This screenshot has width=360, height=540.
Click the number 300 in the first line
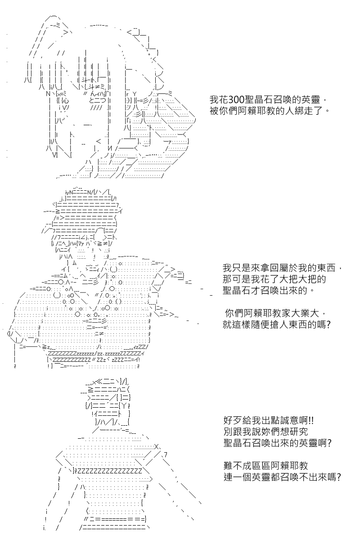[236, 99]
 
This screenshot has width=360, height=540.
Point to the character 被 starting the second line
[214, 111]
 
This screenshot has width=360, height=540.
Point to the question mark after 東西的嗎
[328, 324]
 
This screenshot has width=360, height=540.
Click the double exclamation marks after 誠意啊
[311, 421]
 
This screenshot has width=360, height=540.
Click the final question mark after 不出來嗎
[338, 477]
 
